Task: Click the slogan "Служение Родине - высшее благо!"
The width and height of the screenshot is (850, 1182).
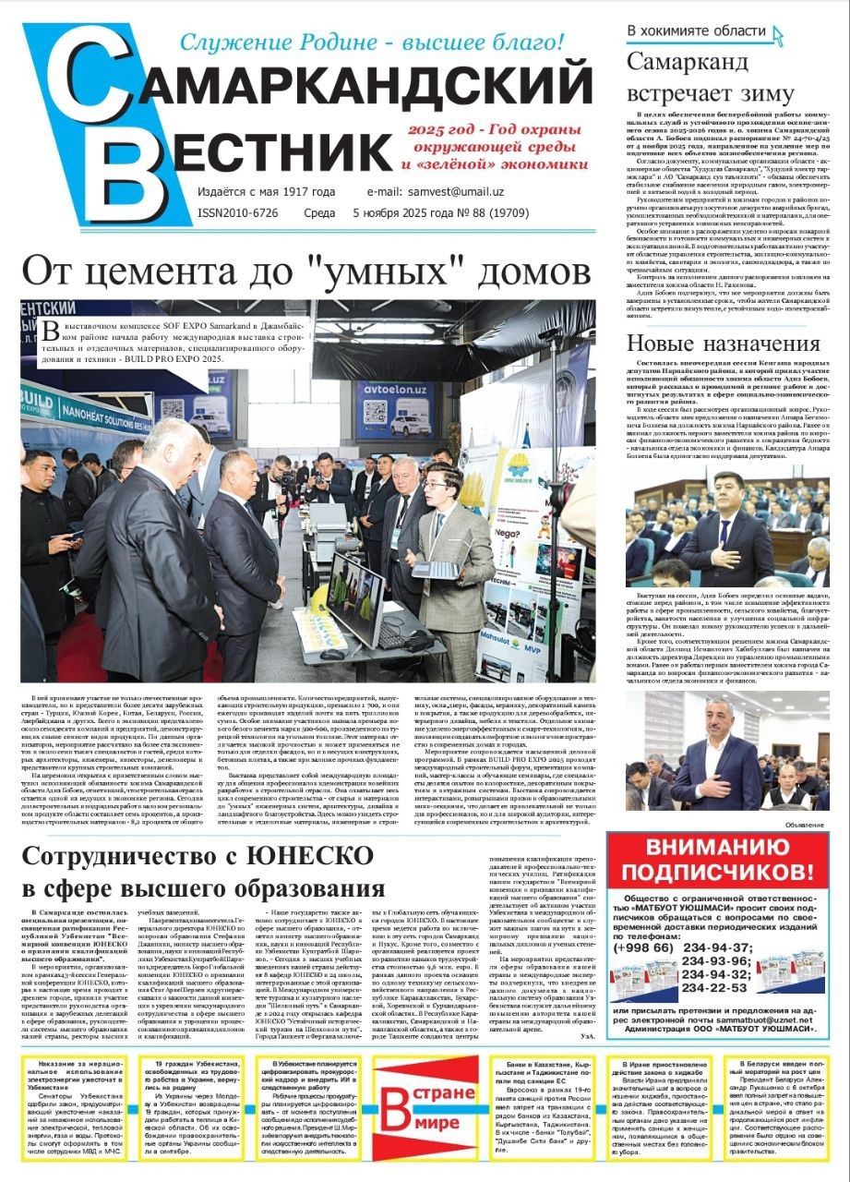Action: (x=370, y=42)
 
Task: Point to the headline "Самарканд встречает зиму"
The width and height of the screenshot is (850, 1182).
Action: (x=710, y=78)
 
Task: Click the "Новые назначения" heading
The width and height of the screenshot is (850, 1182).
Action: (x=723, y=344)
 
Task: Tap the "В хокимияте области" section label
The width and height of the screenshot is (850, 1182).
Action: (x=696, y=30)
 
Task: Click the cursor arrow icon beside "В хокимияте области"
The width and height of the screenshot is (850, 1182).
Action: (x=777, y=35)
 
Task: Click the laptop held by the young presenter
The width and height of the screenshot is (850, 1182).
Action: (x=433, y=569)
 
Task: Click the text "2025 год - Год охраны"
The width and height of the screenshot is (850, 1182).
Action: (x=499, y=129)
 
